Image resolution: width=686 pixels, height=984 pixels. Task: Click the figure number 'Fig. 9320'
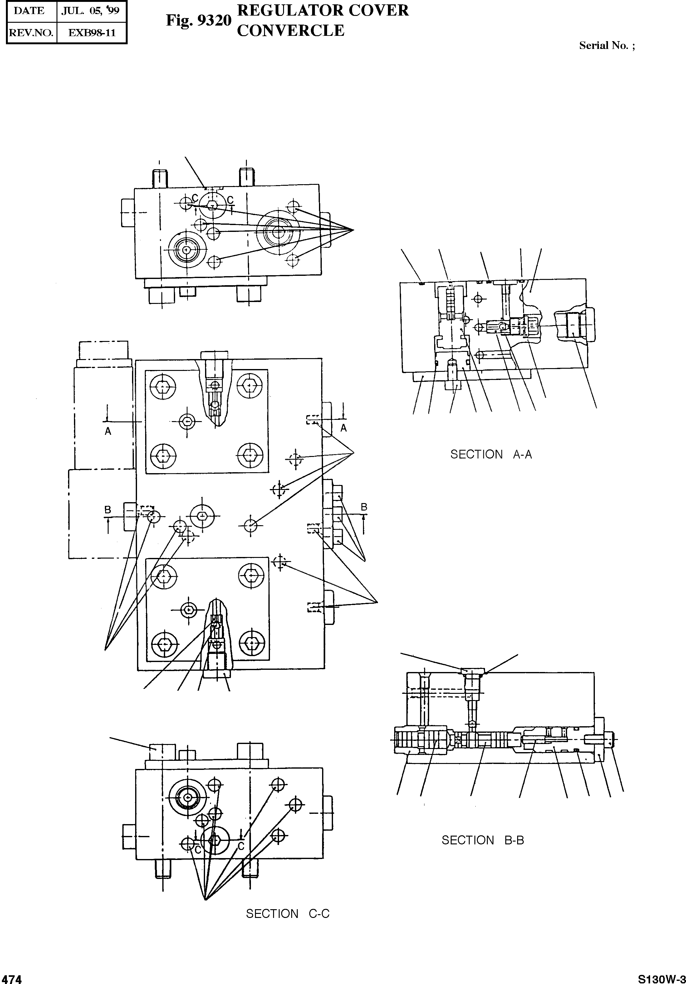click(198, 21)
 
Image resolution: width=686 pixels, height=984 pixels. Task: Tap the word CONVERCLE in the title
click(291, 31)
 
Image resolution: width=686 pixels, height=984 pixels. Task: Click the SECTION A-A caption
click(491, 454)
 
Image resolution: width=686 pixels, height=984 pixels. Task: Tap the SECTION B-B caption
click(483, 840)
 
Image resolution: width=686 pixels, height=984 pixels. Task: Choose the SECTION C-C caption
click(287, 914)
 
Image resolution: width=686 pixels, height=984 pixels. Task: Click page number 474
click(11, 979)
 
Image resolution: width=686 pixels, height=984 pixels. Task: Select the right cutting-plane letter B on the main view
click(364, 507)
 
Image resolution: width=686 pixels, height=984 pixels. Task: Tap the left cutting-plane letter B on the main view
click(108, 510)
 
